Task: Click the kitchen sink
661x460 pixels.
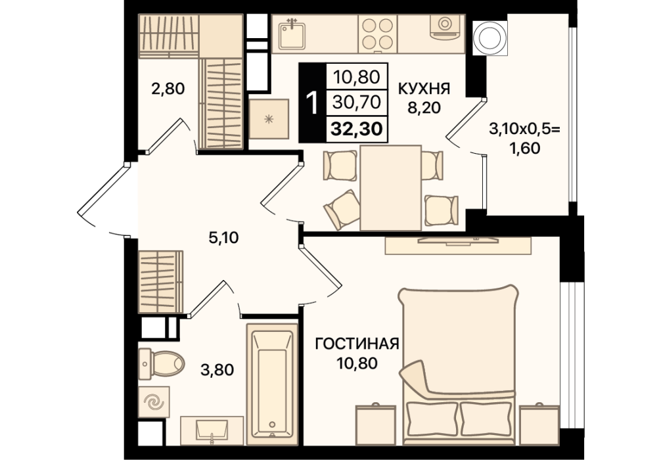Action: tap(292, 34)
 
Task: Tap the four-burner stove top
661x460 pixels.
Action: tap(376, 34)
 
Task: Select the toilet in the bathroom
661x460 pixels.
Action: tap(162, 362)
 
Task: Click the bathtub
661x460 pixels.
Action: tap(272, 384)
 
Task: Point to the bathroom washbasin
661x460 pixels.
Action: tap(212, 430)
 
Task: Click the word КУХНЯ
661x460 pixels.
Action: tap(424, 89)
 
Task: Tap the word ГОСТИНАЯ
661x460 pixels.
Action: tap(357, 344)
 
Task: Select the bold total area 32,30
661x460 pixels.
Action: tap(357, 129)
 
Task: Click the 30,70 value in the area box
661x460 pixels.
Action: tap(357, 102)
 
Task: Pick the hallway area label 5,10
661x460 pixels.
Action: tap(223, 239)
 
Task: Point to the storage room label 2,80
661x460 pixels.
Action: tap(168, 89)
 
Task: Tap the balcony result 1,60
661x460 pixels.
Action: tap(525, 149)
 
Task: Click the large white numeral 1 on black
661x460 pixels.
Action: tap(312, 103)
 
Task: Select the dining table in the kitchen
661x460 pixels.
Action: tap(391, 188)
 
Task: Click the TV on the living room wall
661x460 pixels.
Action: tap(458, 241)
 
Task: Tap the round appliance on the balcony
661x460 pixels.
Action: tap(490, 37)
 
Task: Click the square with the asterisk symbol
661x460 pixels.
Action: tap(269, 120)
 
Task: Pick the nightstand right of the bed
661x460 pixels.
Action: tap(539, 424)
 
